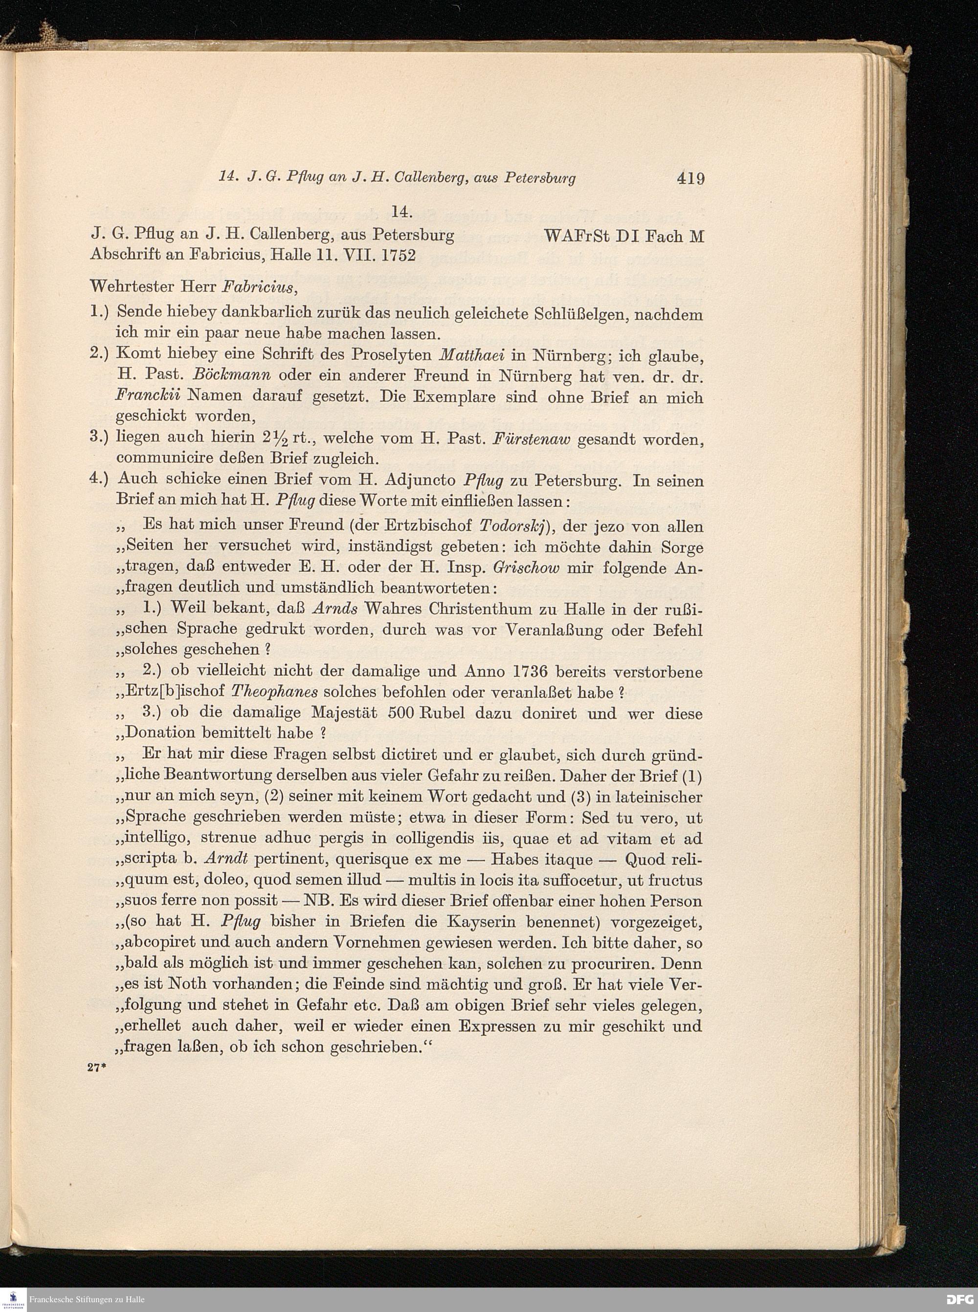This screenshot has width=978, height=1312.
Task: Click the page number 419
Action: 690,177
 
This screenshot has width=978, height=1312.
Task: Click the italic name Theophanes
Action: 275,692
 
